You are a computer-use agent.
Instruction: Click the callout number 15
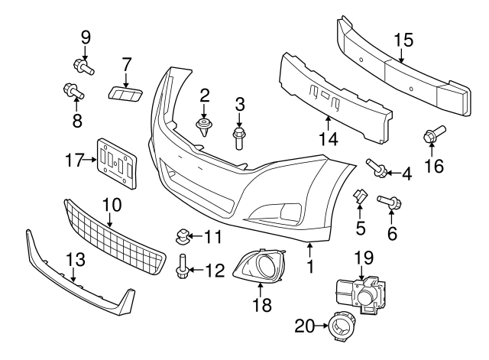pos(402,41)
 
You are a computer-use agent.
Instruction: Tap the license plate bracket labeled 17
pos(115,162)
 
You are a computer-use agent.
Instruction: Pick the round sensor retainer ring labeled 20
pos(338,329)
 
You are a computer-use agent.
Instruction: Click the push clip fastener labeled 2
pos(203,125)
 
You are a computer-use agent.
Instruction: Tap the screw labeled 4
pos(376,167)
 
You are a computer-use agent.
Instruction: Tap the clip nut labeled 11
pos(183,234)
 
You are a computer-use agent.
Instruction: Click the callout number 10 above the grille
pos(112,205)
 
